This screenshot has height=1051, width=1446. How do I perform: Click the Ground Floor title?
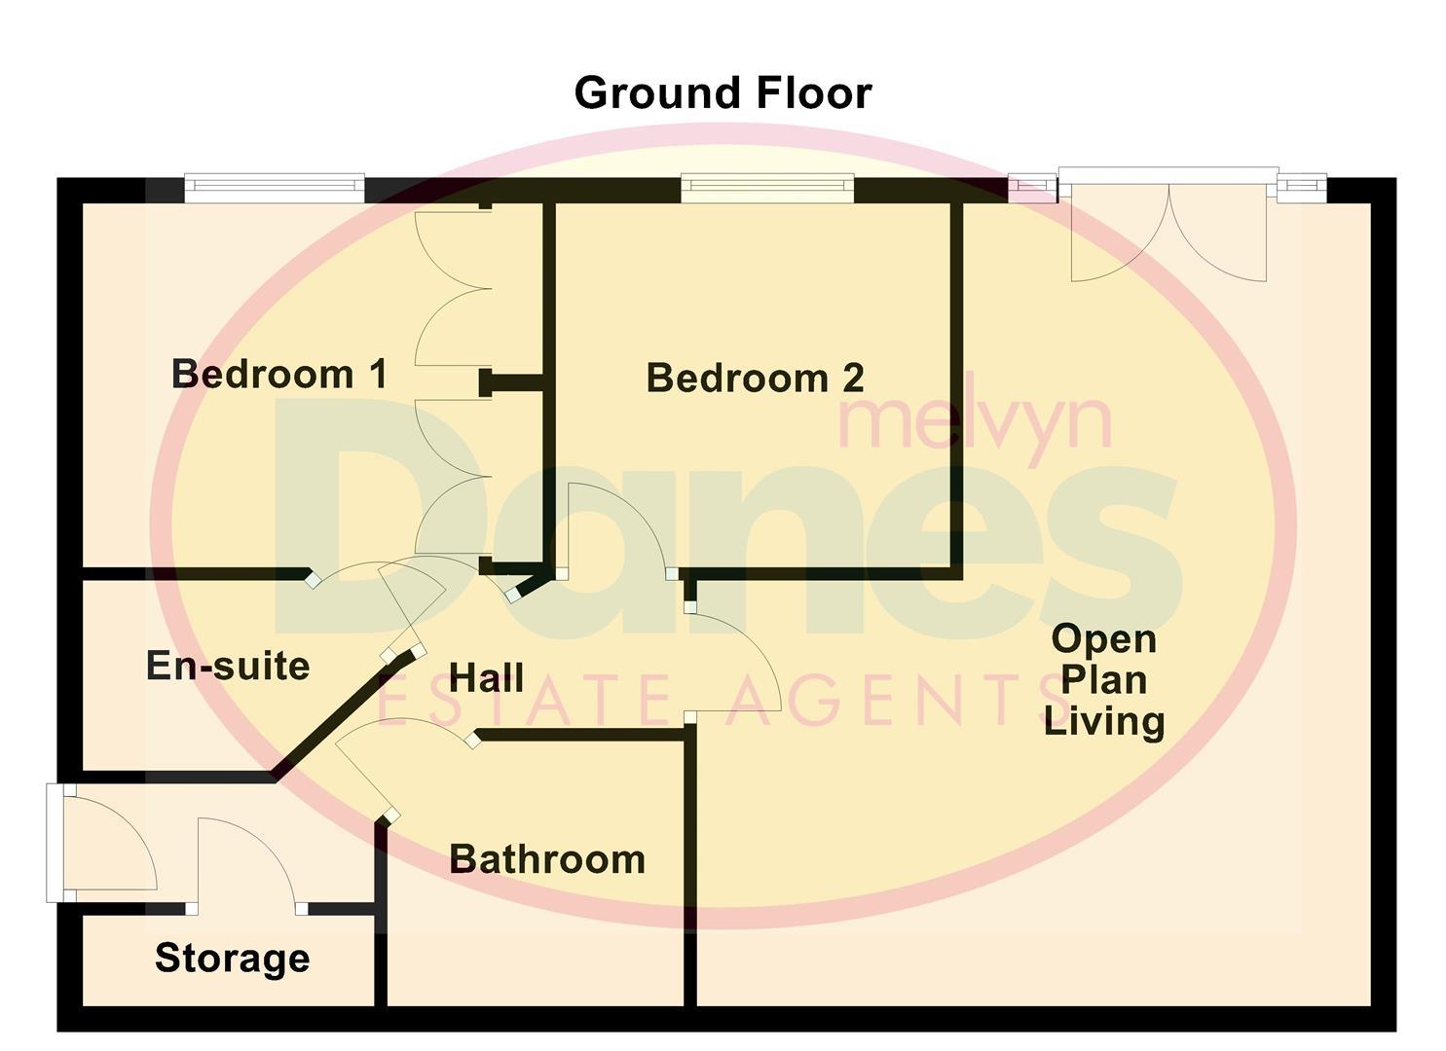click(x=723, y=93)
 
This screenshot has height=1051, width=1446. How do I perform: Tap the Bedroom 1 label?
click(x=279, y=374)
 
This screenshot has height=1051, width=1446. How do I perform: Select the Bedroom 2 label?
click(x=755, y=379)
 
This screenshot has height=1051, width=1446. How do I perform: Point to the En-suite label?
click(x=228, y=667)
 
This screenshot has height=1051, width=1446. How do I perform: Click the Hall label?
click(x=487, y=678)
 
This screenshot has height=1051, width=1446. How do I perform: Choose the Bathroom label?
click(x=547, y=860)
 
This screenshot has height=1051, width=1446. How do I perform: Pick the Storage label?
click(x=233, y=959)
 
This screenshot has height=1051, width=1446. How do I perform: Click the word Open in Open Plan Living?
click(x=1104, y=639)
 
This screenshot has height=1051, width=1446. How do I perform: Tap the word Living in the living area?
click(x=1104, y=722)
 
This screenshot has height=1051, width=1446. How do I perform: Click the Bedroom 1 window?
click(x=275, y=187)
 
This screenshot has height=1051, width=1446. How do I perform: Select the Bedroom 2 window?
click(x=767, y=187)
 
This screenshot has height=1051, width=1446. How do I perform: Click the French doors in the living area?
click(x=1168, y=229)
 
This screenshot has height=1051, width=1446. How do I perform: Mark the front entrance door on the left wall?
click(x=102, y=842)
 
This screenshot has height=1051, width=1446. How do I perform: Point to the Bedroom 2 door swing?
click(x=613, y=525)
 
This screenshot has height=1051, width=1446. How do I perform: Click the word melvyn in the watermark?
click(x=974, y=420)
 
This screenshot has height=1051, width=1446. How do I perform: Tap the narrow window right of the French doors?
click(x=1303, y=187)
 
